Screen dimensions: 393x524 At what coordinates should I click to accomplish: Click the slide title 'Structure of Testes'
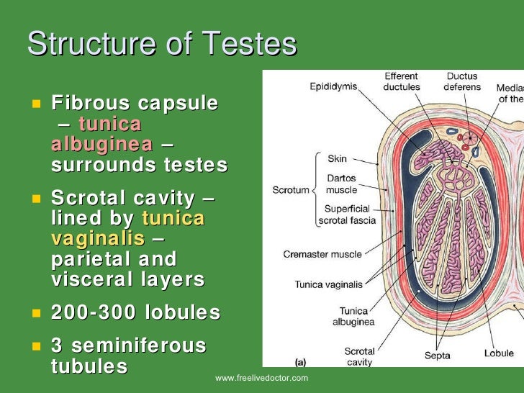(162, 44)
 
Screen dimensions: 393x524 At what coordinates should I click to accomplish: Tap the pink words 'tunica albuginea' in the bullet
(101, 133)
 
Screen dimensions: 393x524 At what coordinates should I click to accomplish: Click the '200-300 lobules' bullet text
(135, 313)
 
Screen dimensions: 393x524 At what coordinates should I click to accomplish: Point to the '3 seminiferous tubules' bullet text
(129, 356)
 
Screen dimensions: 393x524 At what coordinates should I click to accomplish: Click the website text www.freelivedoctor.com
(261, 378)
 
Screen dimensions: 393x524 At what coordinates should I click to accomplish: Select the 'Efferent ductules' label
(401, 81)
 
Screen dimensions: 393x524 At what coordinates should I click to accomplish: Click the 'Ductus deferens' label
(461, 81)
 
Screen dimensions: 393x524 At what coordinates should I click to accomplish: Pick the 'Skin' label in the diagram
(337, 158)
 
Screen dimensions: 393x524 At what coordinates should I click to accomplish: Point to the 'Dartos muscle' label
(341, 184)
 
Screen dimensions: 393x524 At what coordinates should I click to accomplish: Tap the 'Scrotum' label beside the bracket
(290, 191)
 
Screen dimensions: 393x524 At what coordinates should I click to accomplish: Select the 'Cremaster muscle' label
(323, 255)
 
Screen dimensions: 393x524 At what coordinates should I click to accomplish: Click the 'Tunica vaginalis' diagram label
(327, 284)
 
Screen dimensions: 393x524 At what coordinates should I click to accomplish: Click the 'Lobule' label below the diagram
(499, 353)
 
